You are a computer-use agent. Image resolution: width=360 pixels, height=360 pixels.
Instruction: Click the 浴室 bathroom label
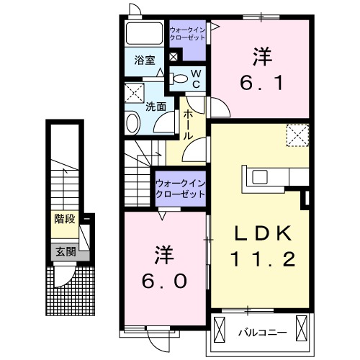[145, 60]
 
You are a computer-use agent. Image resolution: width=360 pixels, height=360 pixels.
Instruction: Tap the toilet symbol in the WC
[181, 79]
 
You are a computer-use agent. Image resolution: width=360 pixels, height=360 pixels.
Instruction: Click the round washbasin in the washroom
[132, 122]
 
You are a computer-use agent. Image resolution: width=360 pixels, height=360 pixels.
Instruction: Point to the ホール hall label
[187, 125]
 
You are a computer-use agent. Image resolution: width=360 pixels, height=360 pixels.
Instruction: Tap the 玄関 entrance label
[63, 252]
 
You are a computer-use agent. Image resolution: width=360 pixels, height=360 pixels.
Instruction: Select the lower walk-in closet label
[180, 189]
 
